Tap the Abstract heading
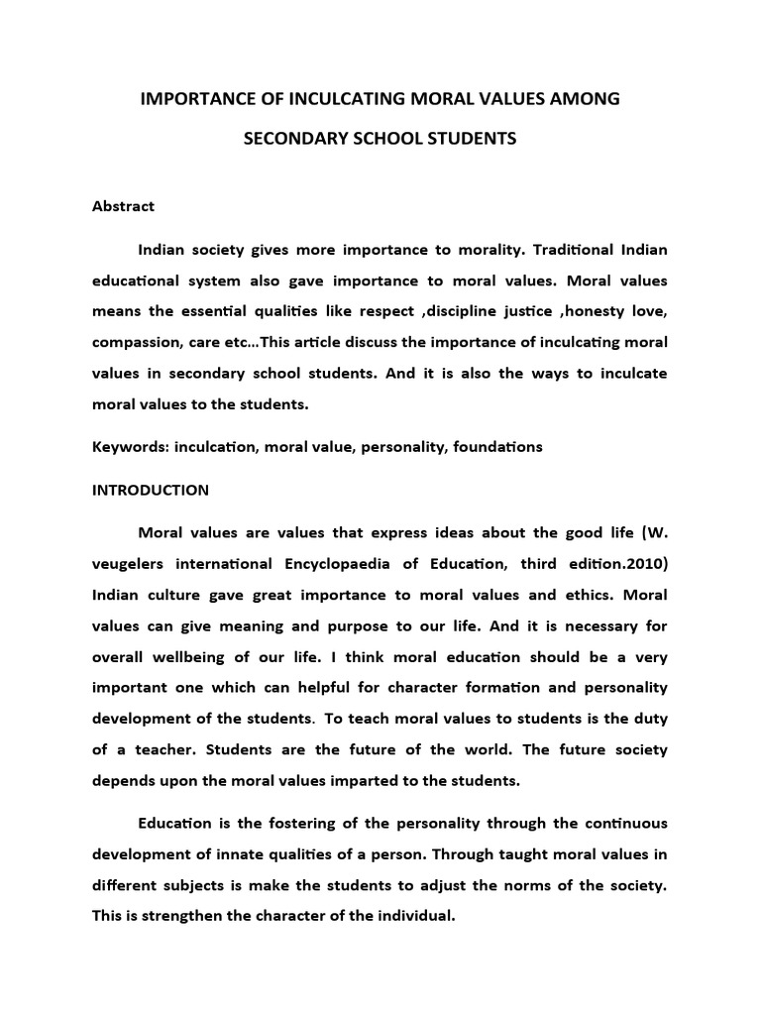point(123,206)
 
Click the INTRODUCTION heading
point(151,490)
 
